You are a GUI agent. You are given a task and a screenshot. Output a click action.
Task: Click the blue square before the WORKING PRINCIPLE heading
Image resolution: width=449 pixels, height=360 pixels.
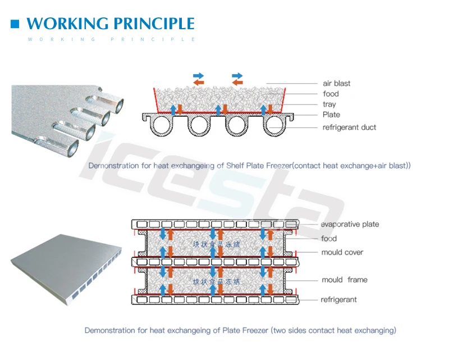tap(15, 24)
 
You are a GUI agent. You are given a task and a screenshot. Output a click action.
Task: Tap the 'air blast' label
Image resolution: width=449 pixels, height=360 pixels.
tap(336, 84)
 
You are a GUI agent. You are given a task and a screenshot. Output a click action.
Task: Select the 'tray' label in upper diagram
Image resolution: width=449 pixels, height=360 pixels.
tap(329, 104)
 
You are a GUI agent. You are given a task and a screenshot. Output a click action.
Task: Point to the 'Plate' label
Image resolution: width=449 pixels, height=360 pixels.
tap(331, 115)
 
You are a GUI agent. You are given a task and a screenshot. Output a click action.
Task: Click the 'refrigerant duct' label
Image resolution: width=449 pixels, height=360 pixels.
tap(349, 127)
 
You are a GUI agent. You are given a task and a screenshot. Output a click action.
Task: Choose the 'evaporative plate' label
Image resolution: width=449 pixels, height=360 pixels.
tap(350, 225)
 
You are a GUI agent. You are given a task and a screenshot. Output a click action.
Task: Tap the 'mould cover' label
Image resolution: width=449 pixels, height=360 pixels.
tap(342, 252)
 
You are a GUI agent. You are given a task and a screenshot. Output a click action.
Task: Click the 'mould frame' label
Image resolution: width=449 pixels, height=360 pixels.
tap(345, 280)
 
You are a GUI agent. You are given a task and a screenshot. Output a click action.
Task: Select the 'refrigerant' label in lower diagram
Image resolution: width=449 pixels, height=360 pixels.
tap(338, 299)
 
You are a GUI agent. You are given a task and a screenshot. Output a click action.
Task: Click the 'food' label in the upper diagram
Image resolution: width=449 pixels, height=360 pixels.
tap(331, 94)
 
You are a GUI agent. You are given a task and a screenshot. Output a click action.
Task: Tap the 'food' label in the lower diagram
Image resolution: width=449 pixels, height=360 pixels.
tap(329, 239)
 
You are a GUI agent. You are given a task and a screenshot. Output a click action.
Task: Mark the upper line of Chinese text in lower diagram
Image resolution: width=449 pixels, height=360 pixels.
tap(216, 245)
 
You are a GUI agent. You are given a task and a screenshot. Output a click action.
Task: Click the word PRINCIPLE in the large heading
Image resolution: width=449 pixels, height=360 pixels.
tap(154, 24)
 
